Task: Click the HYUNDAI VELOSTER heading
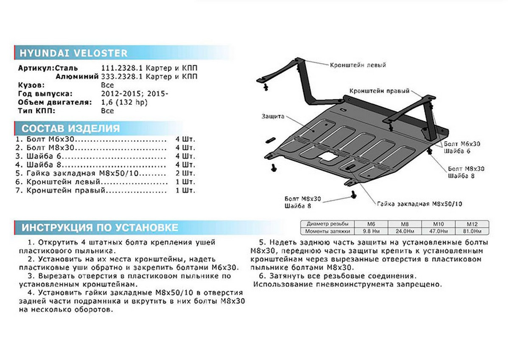[x=73, y=53]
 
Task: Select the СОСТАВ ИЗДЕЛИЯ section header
[x=70, y=128]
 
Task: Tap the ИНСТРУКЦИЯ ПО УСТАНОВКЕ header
[x=100, y=228]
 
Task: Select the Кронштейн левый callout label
[x=358, y=65]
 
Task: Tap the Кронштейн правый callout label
[x=380, y=91]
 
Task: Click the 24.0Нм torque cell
[x=404, y=231]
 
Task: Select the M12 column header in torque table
[x=472, y=224]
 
